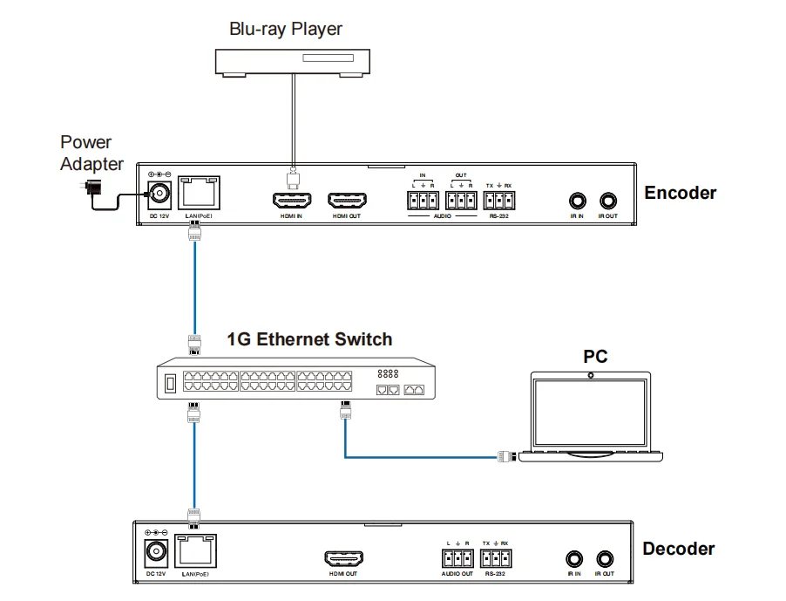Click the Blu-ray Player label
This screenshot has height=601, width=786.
(x=285, y=29)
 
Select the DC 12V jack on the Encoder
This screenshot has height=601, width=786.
(x=159, y=195)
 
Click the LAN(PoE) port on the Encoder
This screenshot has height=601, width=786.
(x=197, y=193)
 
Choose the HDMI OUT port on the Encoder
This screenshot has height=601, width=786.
(x=346, y=201)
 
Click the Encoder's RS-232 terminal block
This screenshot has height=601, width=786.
(x=498, y=201)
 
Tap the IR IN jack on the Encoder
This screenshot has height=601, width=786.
(x=576, y=201)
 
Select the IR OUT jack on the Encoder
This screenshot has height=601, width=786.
(x=606, y=201)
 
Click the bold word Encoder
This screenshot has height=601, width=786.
(x=680, y=193)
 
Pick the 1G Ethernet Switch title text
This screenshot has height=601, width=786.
(x=309, y=339)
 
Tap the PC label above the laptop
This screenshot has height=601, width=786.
(x=595, y=357)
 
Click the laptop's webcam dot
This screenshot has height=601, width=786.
(x=592, y=375)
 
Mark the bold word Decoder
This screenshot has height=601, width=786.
(x=678, y=549)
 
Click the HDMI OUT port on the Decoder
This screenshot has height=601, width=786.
(x=343, y=558)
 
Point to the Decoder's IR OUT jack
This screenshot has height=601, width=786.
(x=604, y=558)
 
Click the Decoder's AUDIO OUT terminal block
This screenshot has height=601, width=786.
(x=457, y=558)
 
